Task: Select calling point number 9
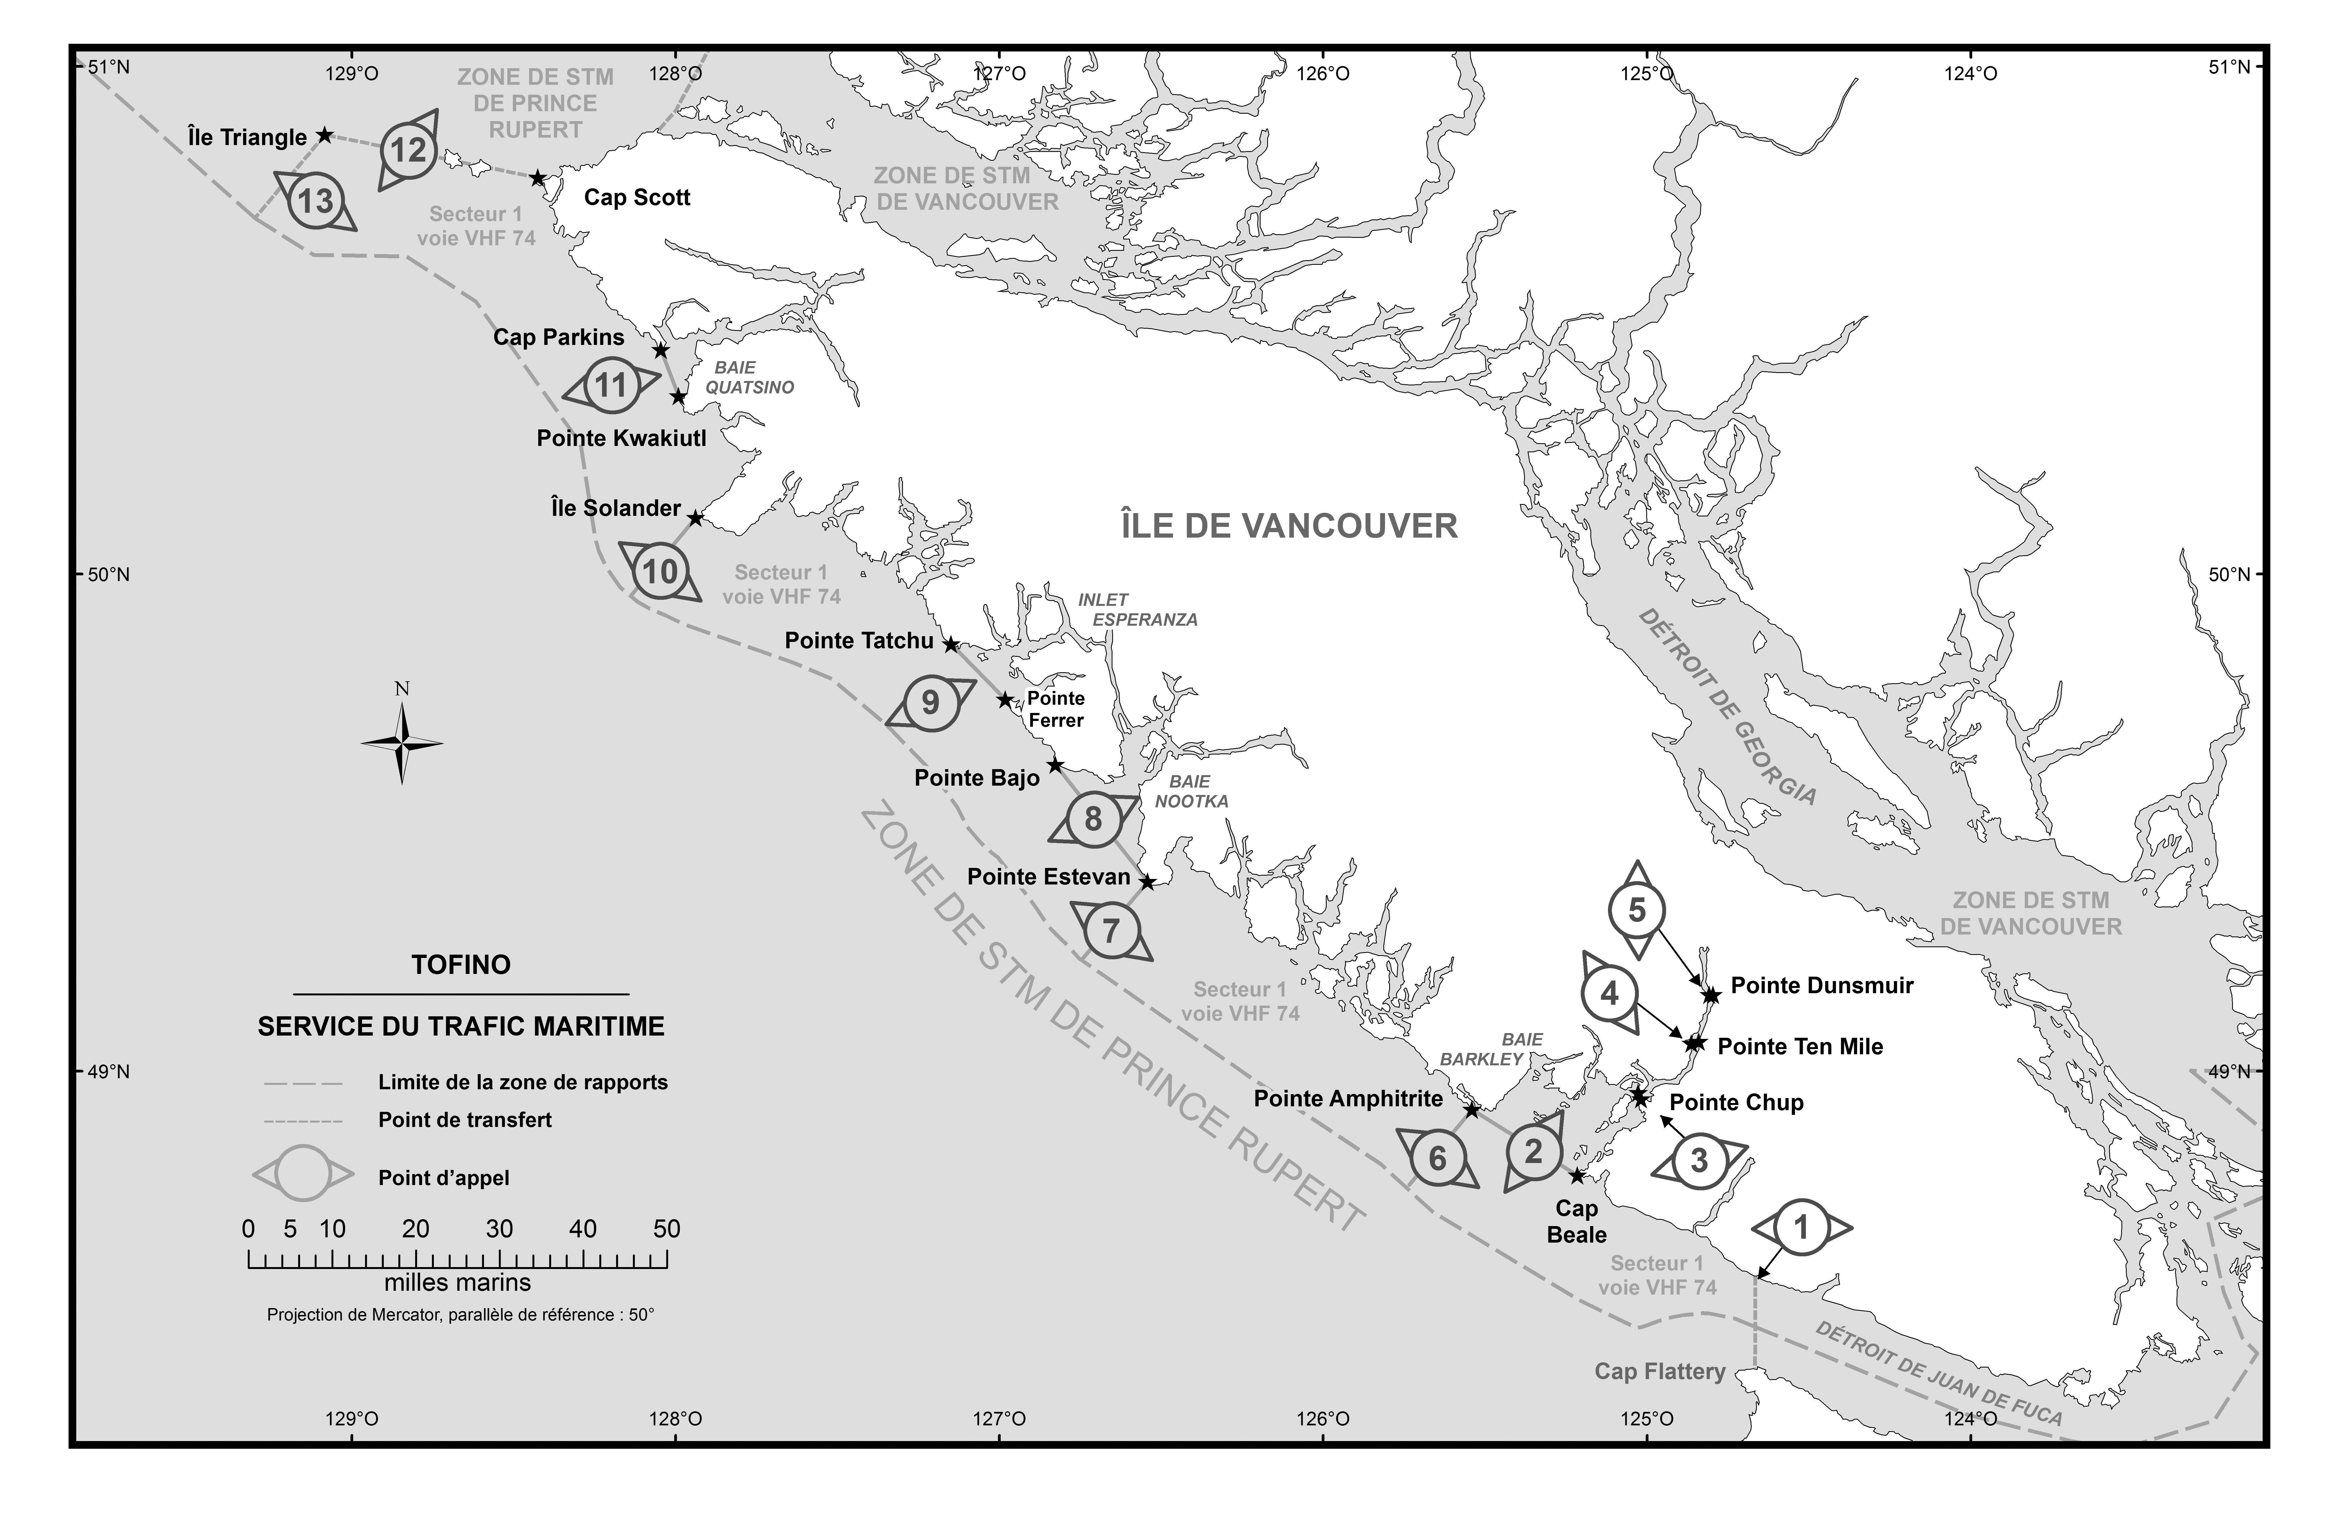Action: coord(929,703)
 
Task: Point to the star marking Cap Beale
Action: coord(1577,1176)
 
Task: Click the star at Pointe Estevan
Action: coord(1146,882)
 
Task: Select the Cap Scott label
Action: coord(637,198)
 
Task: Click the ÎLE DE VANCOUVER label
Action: coord(1289,526)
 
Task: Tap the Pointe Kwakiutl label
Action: coord(621,439)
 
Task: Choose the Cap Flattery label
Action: coord(1660,1371)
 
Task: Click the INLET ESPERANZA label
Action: coord(1138,609)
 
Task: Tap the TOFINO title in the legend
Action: coord(461,965)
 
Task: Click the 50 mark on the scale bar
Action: coord(666,1229)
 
